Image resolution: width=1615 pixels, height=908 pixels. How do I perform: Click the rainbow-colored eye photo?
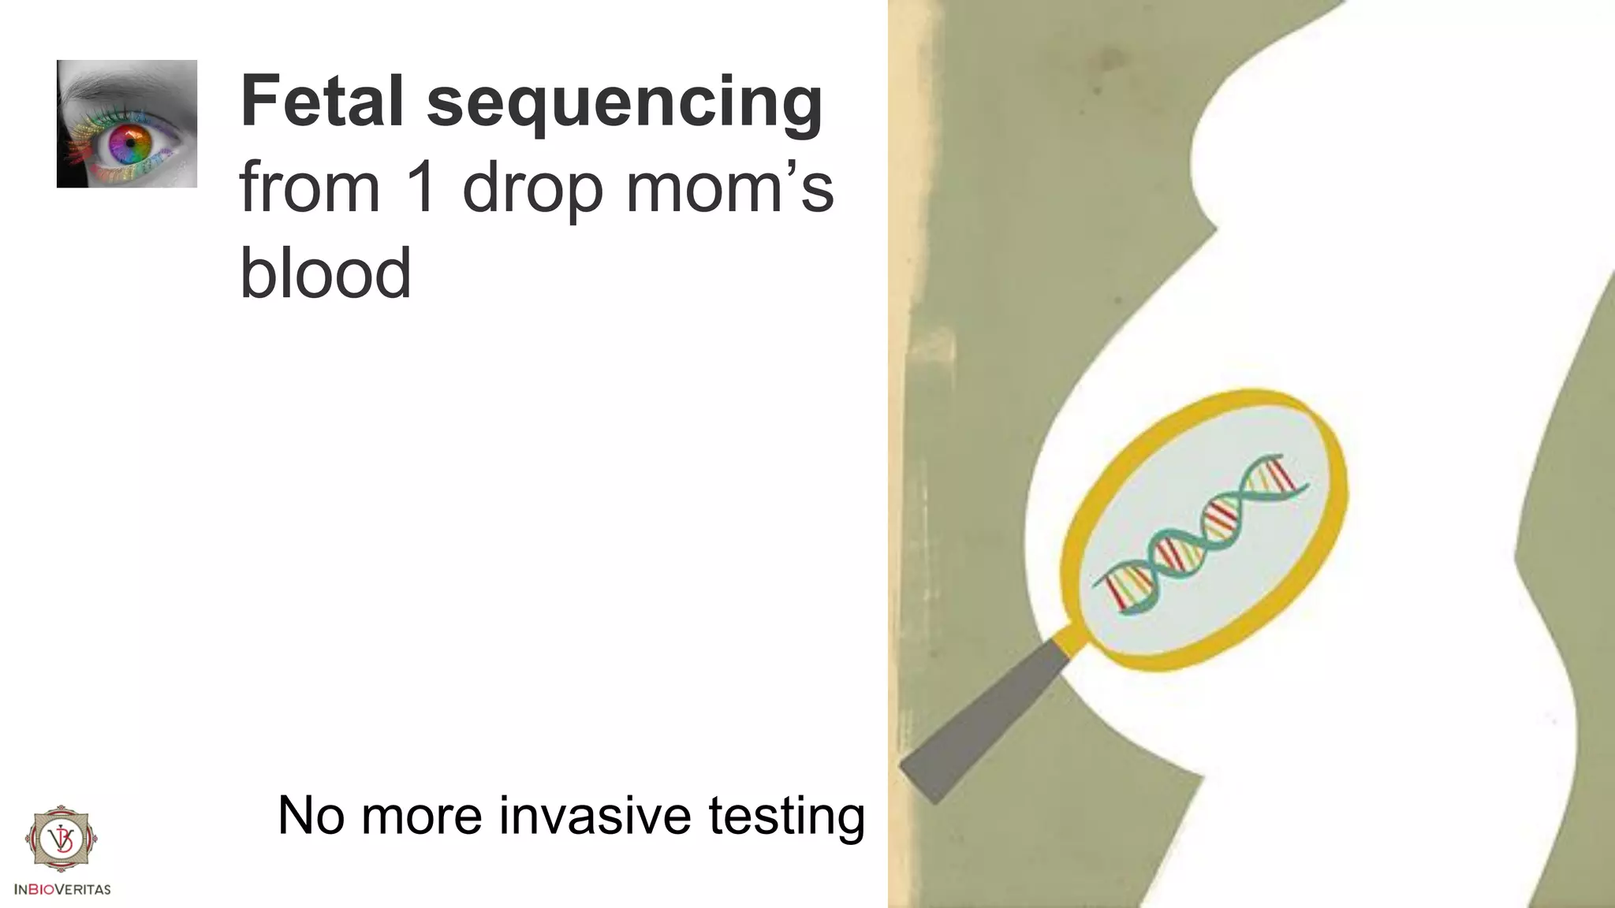coord(127,124)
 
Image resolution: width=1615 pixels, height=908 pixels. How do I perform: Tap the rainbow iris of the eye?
coord(130,144)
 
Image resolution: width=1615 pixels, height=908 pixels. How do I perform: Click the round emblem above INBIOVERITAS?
coord(62,841)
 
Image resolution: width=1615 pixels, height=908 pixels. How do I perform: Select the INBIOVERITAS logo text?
coord(62,889)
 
